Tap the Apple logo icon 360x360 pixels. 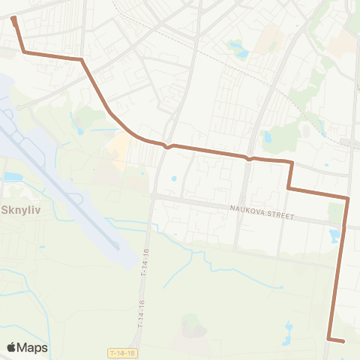13,347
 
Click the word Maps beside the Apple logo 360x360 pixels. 32,347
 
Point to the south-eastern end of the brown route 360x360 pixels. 343,341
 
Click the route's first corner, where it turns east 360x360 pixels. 25,52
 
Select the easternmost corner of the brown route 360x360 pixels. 348,198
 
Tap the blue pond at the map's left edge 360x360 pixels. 13,177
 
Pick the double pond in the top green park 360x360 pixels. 239,50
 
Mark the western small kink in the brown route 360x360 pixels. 170,146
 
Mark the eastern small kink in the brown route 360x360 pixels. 250,158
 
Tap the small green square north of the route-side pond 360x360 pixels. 334,214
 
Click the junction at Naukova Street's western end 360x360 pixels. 153,196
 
